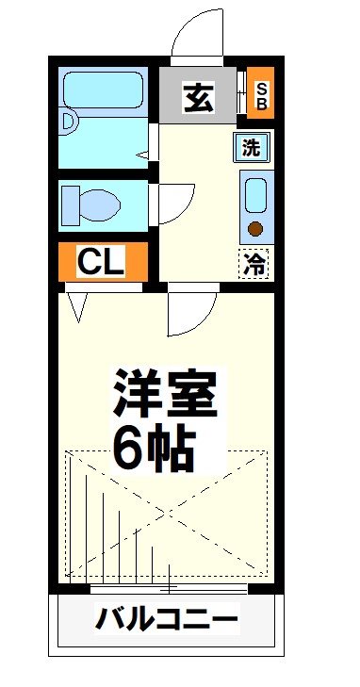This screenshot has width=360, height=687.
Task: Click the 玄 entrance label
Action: tap(199, 96)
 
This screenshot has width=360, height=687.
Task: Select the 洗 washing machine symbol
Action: tap(252, 147)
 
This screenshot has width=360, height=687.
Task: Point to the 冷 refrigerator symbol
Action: tap(254, 265)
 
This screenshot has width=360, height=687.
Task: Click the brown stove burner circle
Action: tap(254, 227)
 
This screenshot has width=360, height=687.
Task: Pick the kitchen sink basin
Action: tap(254, 196)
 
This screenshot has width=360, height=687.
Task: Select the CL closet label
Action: tap(101, 263)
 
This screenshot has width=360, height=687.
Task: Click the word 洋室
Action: tap(166, 395)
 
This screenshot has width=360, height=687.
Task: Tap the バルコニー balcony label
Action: tap(167, 620)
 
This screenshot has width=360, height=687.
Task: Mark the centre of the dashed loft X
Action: tap(168, 514)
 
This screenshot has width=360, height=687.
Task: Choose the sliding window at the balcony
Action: tap(170, 589)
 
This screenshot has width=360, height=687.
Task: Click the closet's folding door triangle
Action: tap(77, 303)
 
